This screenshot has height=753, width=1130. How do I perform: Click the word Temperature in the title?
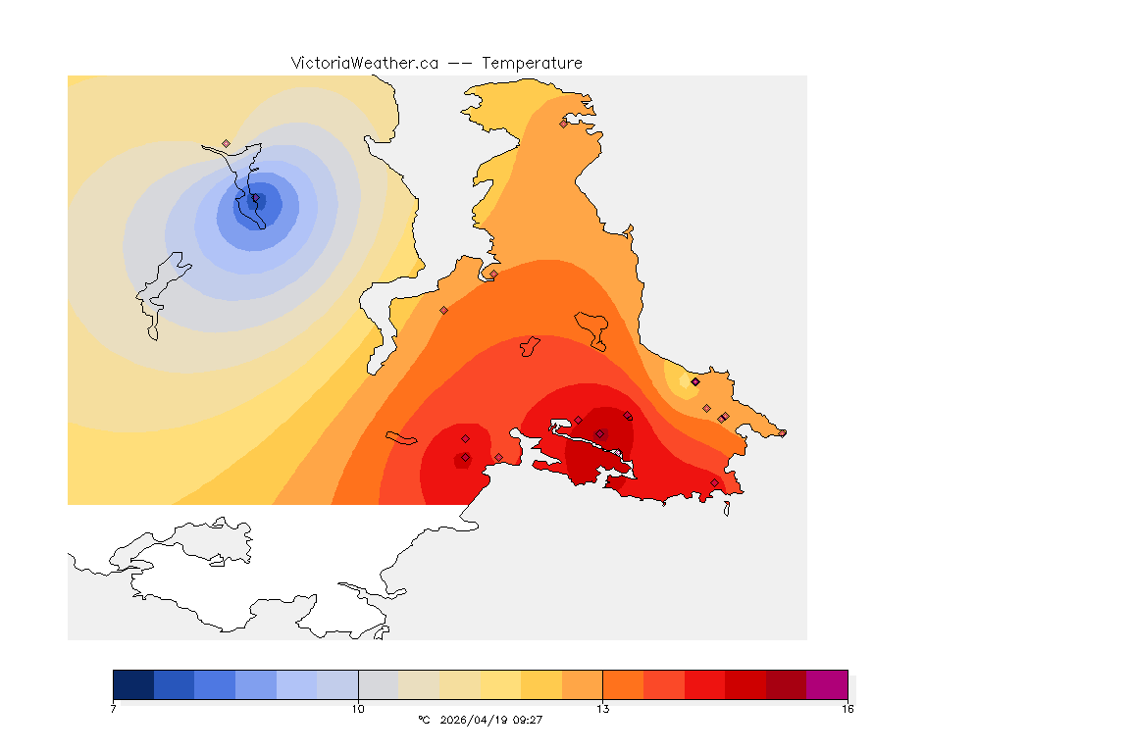532,63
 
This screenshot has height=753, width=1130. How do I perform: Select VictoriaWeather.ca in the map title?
364,63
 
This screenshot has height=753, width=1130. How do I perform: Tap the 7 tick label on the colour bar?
114,709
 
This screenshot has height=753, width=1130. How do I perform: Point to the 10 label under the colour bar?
358,709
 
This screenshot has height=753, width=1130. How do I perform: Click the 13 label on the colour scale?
602,709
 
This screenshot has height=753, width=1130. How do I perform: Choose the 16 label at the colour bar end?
847,709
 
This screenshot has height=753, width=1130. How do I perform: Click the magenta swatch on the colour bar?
827,683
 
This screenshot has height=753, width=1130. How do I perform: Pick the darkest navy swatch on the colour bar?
133,683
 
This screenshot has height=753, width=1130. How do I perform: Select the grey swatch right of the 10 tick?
378,683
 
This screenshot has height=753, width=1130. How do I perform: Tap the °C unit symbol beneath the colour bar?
424,720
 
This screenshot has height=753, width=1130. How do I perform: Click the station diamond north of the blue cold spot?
226,143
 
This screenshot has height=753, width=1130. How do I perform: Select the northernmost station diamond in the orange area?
563,124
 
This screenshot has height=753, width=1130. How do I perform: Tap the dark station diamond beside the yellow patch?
694,381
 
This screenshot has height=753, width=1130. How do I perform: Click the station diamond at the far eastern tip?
782,432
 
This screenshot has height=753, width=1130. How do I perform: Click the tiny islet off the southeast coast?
727,508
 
